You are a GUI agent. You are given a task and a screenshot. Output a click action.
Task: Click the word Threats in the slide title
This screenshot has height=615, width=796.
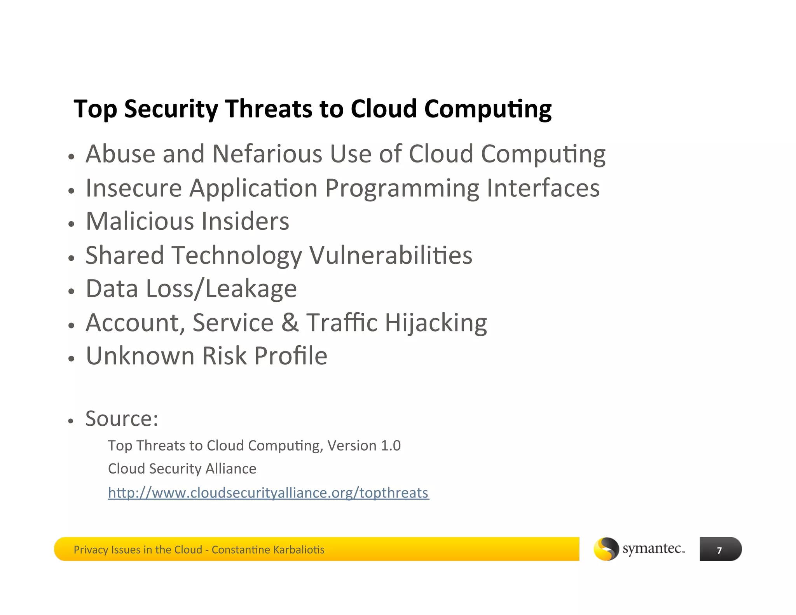click(269, 109)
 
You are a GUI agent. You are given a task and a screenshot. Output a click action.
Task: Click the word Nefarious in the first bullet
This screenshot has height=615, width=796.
click(267, 154)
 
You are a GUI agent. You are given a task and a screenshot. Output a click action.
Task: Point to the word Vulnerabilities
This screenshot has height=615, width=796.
click(391, 255)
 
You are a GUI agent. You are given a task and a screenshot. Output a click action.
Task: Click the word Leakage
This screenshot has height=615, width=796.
click(251, 289)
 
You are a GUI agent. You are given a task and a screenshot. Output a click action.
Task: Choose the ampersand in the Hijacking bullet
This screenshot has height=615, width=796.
click(290, 323)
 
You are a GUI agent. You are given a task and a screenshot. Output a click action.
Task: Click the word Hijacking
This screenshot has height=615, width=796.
click(436, 323)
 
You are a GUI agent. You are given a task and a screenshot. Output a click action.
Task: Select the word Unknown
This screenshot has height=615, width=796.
click(140, 356)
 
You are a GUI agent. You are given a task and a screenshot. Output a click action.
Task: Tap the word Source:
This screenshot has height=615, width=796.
click(122, 419)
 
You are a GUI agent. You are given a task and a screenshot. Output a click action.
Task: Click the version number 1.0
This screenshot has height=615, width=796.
click(391, 446)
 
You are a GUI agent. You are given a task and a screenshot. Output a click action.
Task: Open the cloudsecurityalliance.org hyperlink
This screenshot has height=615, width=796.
click(268, 493)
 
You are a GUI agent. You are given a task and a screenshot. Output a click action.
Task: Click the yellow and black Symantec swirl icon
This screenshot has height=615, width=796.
click(606, 549)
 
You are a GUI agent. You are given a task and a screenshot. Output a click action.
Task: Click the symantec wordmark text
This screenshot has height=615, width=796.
click(653, 549)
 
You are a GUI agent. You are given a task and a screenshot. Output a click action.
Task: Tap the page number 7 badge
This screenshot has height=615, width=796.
click(720, 550)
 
